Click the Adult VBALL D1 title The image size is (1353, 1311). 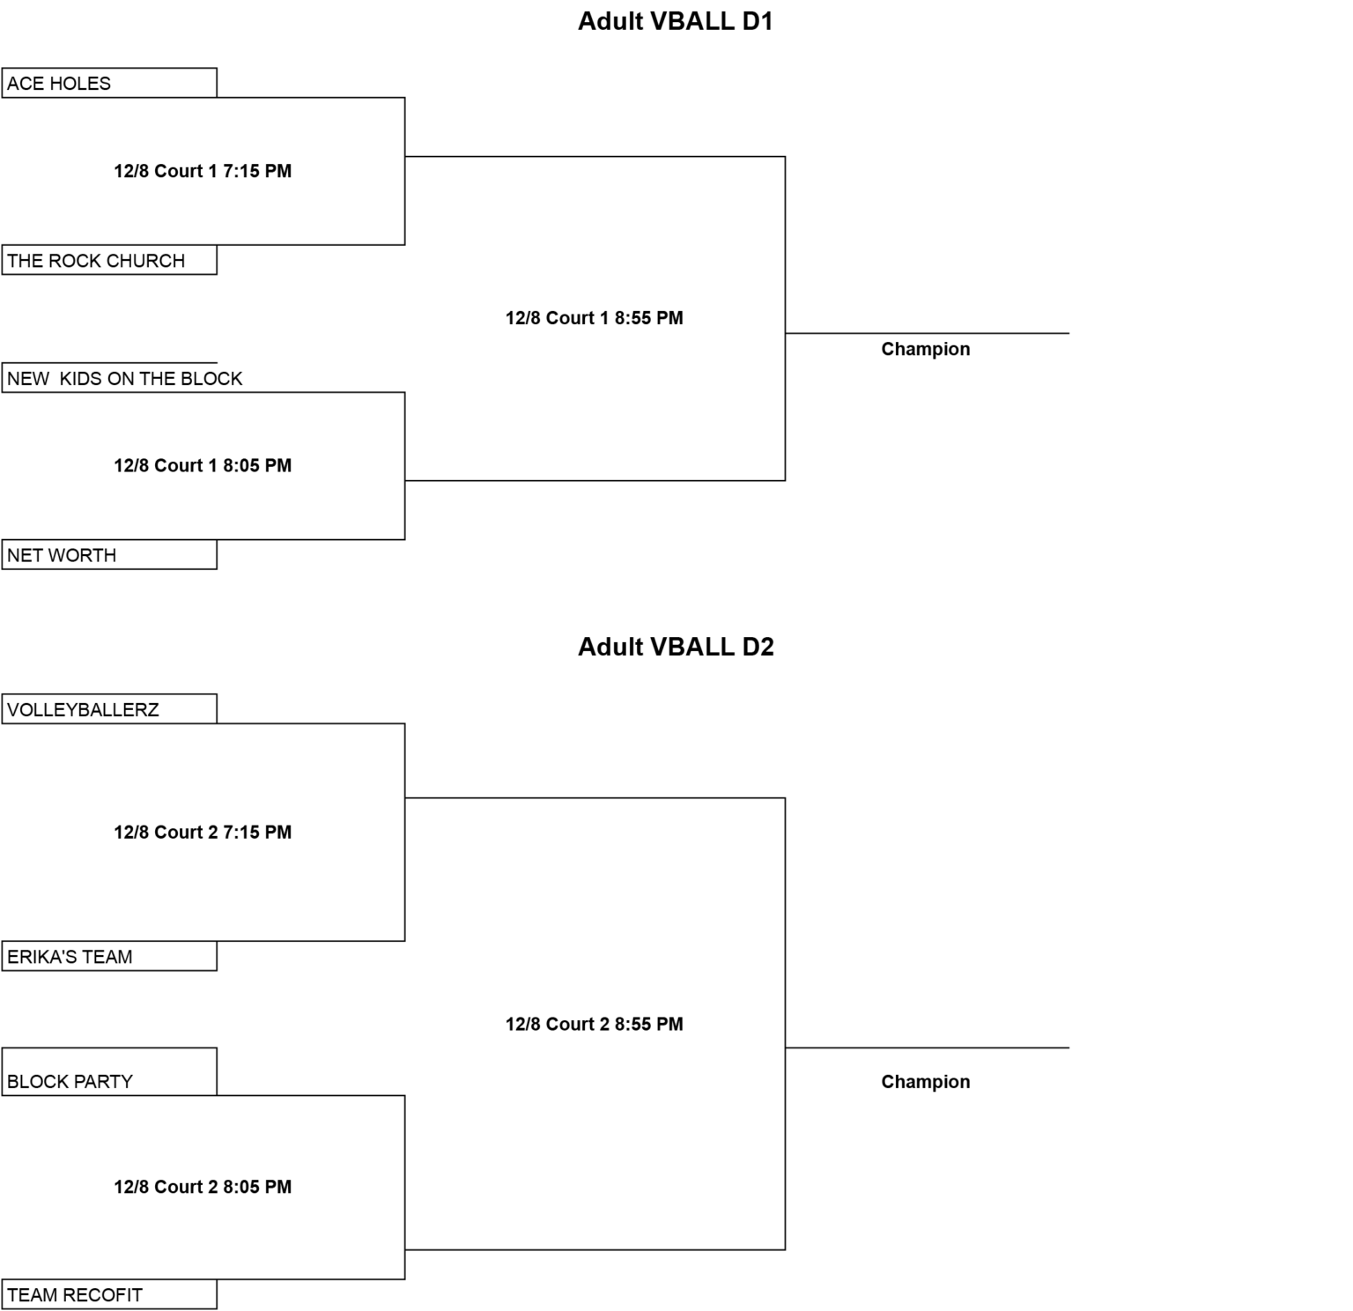point(676,21)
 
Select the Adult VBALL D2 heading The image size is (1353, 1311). point(676,647)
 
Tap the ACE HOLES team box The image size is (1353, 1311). point(109,83)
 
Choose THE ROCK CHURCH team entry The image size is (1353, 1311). point(109,260)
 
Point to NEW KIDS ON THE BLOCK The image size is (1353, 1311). point(124,378)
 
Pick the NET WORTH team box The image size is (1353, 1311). point(109,555)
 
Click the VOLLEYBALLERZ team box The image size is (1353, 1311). point(109,709)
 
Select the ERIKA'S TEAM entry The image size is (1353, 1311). point(109,956)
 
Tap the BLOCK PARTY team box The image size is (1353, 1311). point(109,1072)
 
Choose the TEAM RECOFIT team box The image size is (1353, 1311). point(109,1294)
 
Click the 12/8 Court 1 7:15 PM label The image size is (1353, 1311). point(203,171)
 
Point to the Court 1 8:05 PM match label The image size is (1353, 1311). point(203,465)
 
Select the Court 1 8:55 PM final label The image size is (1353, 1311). point(595,318)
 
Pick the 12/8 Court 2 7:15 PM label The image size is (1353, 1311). point(203,832)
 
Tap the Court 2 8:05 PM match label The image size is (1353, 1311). point(203,1187)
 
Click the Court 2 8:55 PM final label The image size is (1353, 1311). point(595,1024)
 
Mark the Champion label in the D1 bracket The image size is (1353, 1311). point(926,349)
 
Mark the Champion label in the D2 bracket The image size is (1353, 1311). point(926,1082)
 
